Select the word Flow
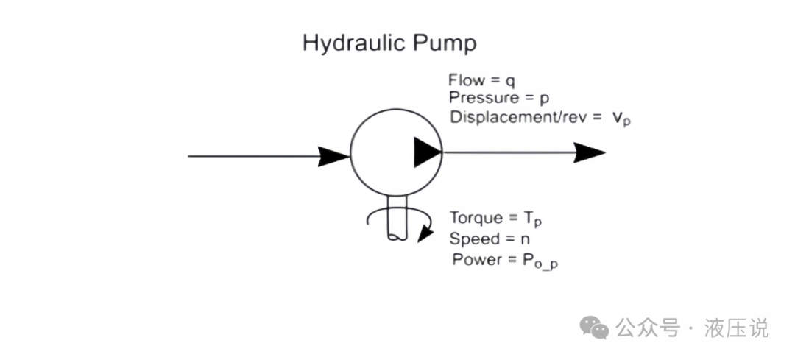pos(466,80)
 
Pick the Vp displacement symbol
pos(621,118)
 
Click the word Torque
pos(476,219)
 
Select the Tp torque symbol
pos(533,220)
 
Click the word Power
pos(476,259)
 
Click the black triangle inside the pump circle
pos(425,152)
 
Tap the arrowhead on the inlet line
pos(333,155)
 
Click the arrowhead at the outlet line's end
pos(590,153)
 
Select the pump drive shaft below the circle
pos(396,220)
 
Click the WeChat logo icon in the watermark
pos(594,328)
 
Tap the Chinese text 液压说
pos(736,328)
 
